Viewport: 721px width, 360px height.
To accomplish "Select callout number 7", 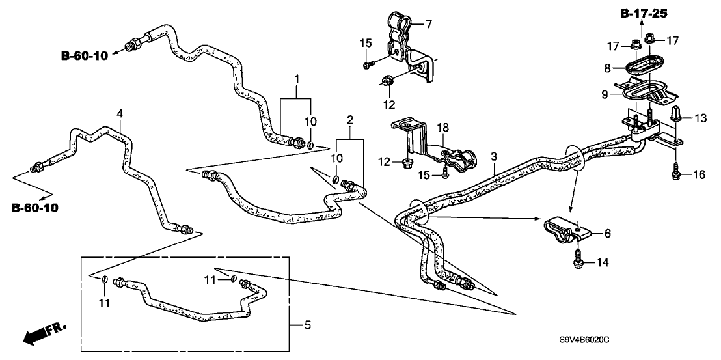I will tap(429, 24).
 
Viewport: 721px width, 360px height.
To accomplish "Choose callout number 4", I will tap(119, 113).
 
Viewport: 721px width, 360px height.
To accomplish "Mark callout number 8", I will tap(606, 67).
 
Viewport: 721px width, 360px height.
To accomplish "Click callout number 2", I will tap(350, 120).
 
